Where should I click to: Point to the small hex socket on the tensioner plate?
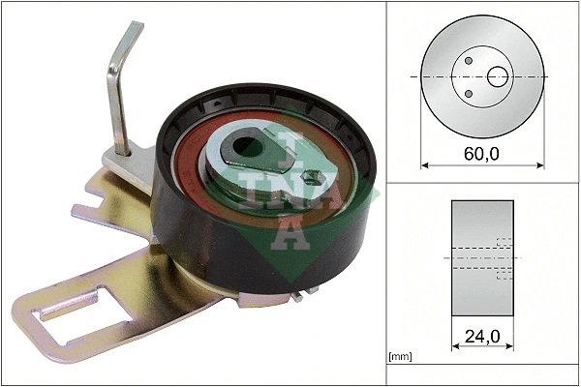[312, 177]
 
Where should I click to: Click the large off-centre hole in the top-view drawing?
[498, 75]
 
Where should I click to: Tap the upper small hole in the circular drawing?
[469, 60]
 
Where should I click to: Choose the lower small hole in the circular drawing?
[469, 93]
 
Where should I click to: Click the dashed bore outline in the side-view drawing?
[503, 258]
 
